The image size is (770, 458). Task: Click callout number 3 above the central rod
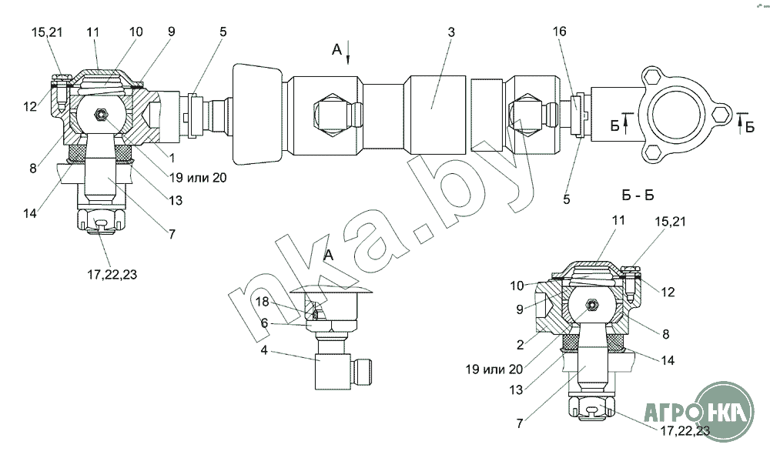coord(450,32)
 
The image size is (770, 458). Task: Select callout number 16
coord(559,32)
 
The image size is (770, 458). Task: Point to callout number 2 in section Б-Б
coord(521,345)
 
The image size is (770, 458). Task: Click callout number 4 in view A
coord(264,351)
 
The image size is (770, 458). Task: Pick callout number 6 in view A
coord(264,323)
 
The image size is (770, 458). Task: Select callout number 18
coord(263,301)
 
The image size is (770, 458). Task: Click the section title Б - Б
coord(638,196)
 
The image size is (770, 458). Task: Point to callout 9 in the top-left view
coord(171,32)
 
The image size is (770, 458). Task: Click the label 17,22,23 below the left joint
coord(112,274)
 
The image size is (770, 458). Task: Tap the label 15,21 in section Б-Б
coord(671,222)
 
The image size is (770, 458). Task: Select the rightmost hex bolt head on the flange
coord(719,114)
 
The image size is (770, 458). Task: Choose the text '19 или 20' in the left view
coord(198,177)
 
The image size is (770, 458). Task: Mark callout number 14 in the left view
coord(30,214)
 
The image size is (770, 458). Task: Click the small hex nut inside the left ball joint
coord(101,115)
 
